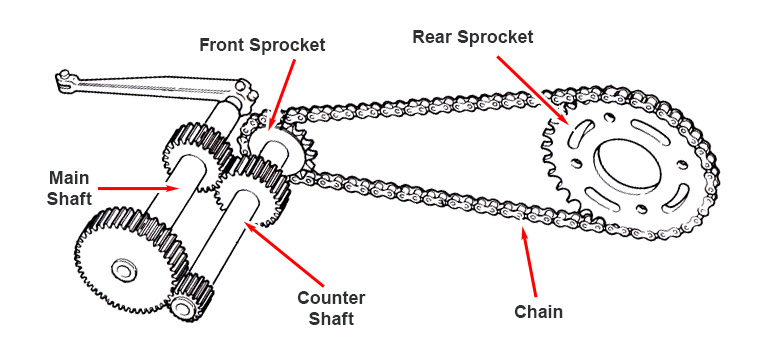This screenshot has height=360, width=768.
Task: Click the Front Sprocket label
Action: point(262,45)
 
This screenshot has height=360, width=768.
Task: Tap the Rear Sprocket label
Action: point(473,37)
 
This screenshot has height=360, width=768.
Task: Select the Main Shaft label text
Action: point(70,187)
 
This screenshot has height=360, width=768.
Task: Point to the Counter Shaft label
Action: point(331,308)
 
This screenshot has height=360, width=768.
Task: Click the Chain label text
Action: point(538,312)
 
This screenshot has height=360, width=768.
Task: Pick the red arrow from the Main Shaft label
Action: point(139,188)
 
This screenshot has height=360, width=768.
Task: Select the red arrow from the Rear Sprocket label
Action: point(533,90)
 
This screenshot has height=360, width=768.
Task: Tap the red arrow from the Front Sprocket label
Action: point(282,96)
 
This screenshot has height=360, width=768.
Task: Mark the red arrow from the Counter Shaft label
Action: point(284,254)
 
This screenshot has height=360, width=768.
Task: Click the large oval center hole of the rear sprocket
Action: point(626,167)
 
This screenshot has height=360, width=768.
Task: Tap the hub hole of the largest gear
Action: point(122,268)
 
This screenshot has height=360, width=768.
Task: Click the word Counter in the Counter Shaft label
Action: point(331,298)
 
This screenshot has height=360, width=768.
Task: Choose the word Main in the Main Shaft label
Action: point(70,177)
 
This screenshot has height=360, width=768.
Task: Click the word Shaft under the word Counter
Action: point(332,318)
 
